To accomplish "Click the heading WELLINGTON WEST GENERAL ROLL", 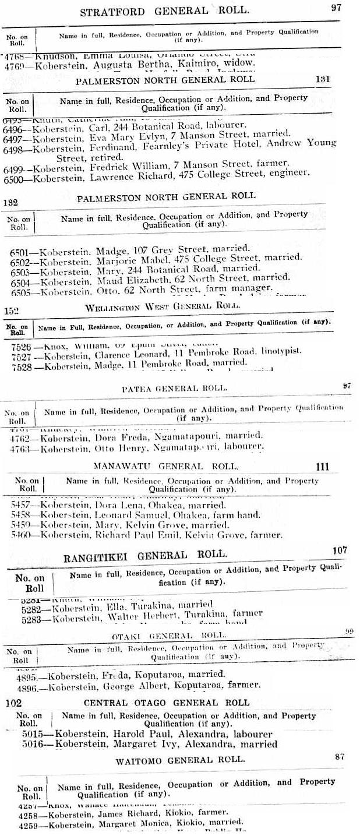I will point(163,306).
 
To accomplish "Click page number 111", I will point(322,466).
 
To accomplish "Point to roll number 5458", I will point(23,516).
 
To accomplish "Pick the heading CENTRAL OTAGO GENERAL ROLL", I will point(166,703).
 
